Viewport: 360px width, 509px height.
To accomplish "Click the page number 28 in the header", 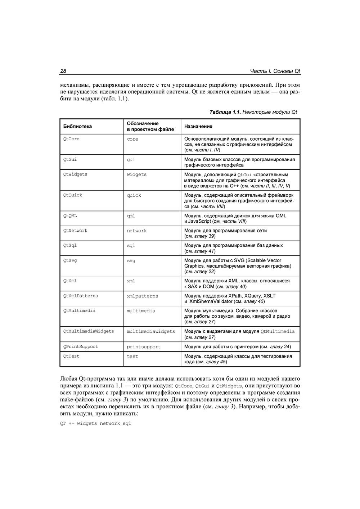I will [x=63, y=71].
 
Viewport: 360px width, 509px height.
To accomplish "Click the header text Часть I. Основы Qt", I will [x=275, y=71].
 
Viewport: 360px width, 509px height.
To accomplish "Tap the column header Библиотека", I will [x=77, y=126].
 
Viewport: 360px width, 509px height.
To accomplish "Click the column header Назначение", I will [x=198, y=126].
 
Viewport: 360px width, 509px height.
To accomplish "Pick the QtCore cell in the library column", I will [x=71, y=139].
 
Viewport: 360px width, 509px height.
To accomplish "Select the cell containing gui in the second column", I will [x=131, y=160].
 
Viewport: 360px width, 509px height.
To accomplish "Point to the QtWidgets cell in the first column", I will [x=75, y=174].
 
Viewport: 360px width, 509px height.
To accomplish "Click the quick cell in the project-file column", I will [x=134, y=195].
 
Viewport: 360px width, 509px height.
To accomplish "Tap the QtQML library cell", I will [x=70, y=216].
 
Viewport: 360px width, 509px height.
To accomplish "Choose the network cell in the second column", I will [x=136, y=231].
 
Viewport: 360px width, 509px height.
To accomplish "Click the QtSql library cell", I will [x=70, y=245].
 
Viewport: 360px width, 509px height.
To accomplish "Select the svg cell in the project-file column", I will [x=131, y=260].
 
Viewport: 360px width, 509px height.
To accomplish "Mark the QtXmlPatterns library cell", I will [x=81, y=296].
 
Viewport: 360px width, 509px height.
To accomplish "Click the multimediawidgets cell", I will [x=151, y=331].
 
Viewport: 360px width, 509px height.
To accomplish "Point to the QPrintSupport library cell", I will [x=81, y=347].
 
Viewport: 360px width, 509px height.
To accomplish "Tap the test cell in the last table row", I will [x=132, y=356].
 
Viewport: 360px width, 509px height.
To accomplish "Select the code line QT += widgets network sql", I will [x=95, y=423].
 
